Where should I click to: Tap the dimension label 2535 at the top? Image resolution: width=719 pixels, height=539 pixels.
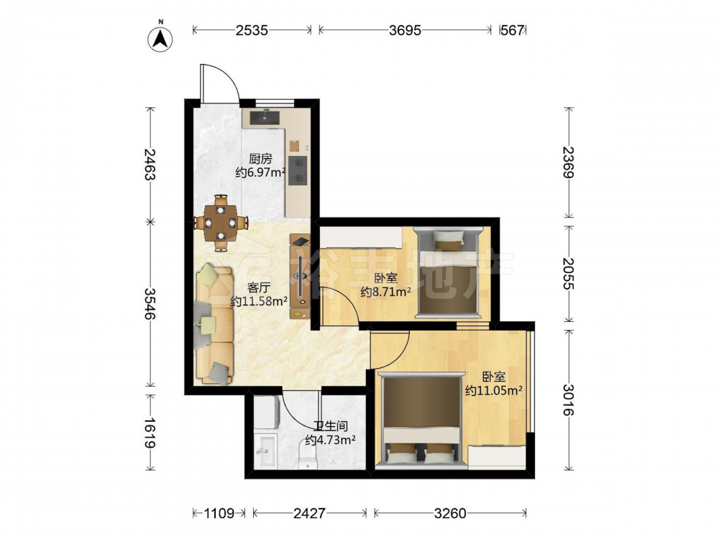tap(252, 30)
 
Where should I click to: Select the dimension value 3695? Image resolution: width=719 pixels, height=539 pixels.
tap(405, 30)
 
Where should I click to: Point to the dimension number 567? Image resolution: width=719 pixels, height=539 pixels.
tap(512, 30)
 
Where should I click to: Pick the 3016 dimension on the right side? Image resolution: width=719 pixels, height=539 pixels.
tap(569, 399)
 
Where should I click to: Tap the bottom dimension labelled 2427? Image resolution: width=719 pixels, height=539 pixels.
tap(309, 513)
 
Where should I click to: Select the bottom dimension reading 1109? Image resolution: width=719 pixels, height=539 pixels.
tap(219, 513)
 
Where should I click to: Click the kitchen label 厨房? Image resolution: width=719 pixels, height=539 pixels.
tap(260, 159)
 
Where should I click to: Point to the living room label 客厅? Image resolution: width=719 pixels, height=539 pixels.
tap(259, 288)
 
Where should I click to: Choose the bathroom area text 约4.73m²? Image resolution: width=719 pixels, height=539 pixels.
tap(331, 441)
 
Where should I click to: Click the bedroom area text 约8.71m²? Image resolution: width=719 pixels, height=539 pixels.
tap(385, 292)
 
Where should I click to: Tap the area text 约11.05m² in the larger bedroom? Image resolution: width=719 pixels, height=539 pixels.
tap(495, 390)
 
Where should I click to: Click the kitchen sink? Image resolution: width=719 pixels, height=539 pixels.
tap(265, 118)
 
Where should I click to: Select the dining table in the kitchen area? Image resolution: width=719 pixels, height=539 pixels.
tap(221, 223)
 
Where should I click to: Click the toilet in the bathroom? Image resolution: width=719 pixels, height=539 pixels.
tap(308, 456)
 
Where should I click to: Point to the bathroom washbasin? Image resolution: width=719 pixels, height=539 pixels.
tap(265, 451)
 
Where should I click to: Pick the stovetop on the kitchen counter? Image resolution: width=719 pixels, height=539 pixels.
tap(298, 170)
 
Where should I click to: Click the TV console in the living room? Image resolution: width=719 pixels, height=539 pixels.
tap(300, 277)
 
